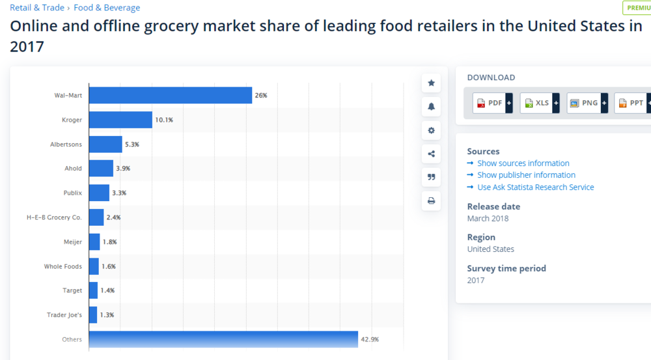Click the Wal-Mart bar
(x=170, y=95)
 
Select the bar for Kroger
(x=120, y=120)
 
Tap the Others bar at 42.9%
(x=223, y=339)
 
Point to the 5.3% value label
(x=132, y=144)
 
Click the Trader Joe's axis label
(x=64, y=315)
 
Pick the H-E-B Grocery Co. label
(x=54, y=217)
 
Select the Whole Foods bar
(x=94, y=266)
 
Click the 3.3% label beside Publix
(x=119, y=193)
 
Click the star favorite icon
(x=431, y=83)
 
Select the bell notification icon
(x=431, y=107)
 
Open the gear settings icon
(x=431, y=130)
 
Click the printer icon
(x=431, y=201)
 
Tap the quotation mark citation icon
(x=431, y=177)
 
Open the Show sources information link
(x=523, y=163)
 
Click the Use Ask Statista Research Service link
(x=535, y=187)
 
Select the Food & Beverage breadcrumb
(x=107, y=8)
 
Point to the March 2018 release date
(x=488, y=219)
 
